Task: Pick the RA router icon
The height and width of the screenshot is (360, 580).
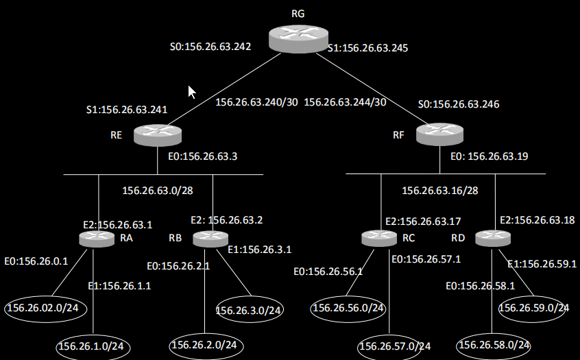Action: pos(96,238)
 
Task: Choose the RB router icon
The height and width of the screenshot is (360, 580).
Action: pos(210,239)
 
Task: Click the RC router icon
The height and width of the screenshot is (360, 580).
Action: pos(378,238)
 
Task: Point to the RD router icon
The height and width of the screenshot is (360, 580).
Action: pos(492,237)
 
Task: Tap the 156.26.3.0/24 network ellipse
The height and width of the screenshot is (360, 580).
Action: pos(249,310)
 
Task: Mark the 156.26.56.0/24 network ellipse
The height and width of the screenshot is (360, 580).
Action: pos(348,308)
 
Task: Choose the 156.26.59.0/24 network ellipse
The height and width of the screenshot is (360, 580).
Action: pos(534,308)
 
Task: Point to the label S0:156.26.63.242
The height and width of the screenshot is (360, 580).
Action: pos(210,47)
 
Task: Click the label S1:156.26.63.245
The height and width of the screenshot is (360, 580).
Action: pos(368,48)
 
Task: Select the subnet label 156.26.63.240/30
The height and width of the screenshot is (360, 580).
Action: pos(256,102)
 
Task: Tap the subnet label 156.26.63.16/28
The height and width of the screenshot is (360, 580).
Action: pos(439,190)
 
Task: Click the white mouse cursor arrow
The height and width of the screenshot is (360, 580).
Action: pos(192,92)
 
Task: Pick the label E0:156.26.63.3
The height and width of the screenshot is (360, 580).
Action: pos(202,156)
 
